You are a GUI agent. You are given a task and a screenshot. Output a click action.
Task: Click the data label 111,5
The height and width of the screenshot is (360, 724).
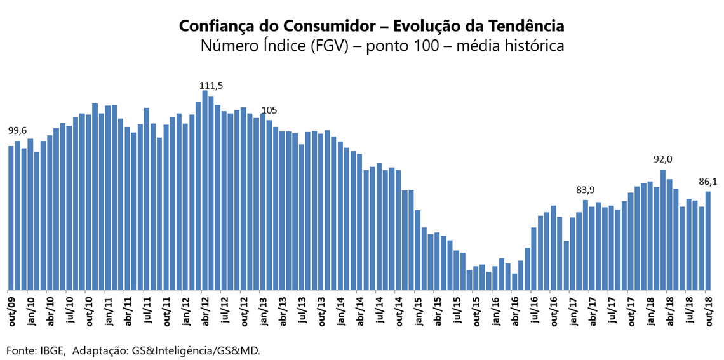pyautogui.click(x=211, y=85)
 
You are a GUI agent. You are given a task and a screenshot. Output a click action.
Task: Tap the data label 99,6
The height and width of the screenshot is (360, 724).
pyautogui.click(x=17, y=131)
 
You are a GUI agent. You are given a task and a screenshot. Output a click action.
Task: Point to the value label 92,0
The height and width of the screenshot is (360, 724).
pyautogui.click(x=663, y=159)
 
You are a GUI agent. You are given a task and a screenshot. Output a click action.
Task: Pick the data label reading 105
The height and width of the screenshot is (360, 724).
pyautogui.click(x=269, y=110)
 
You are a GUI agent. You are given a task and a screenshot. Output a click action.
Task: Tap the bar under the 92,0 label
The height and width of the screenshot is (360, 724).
pyautogui.click(x=663, y=229)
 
